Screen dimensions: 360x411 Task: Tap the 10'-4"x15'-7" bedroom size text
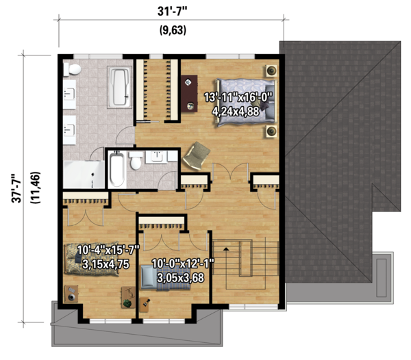[108, 249]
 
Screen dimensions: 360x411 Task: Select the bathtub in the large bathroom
[119, 87]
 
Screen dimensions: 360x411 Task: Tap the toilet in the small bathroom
[136, 162]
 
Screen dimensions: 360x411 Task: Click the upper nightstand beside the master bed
[271, 70]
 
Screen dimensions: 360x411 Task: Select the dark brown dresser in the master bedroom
[187, 88]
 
